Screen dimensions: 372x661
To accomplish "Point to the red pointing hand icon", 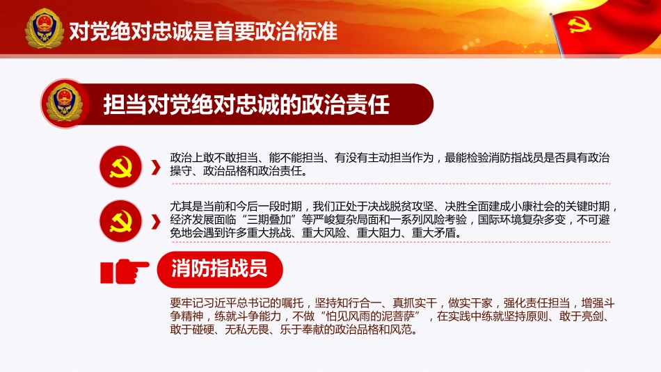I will (x=125, y=269).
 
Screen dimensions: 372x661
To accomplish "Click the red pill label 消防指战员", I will (x=218, y=269).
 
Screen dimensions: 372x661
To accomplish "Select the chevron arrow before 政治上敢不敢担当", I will (x=156, y=168).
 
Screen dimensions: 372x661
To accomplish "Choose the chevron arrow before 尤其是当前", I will (x=156, y=220).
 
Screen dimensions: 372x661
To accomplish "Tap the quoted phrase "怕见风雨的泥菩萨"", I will (x=369, y=316).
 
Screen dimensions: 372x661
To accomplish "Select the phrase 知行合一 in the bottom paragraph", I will (x=356, y=302).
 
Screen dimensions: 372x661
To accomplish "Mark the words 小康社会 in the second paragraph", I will (x=540, y=207).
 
